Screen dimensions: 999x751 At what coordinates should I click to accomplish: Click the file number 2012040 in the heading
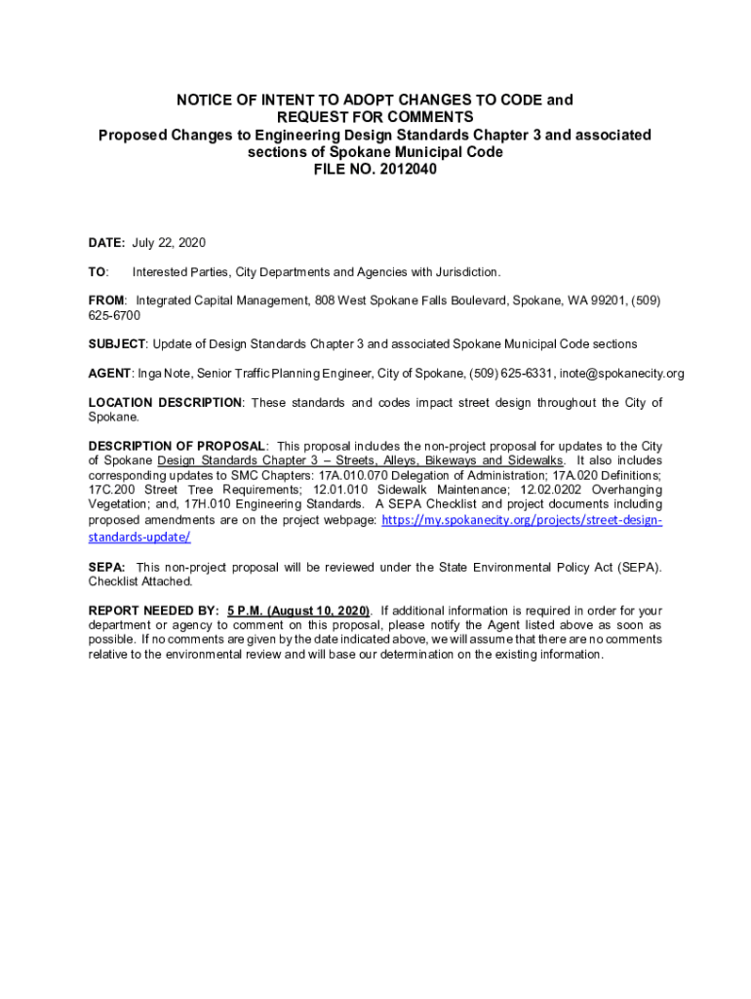point(403,169)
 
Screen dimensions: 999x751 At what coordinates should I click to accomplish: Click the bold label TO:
point(99,272)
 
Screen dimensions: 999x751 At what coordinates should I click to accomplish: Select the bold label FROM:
point(107,300)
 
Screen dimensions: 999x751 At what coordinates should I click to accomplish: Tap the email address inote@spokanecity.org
point(621,373)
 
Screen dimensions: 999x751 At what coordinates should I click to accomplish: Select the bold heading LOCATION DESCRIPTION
point(165,402)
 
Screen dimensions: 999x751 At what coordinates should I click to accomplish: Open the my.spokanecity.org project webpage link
point(521,520)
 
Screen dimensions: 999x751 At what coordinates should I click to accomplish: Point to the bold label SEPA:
point(106,567)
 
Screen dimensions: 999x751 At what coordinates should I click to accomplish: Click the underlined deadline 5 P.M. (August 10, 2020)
point(298,611)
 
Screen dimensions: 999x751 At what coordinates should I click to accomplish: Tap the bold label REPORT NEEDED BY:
point(154,611)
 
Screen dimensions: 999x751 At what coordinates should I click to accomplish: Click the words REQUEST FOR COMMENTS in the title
point(375,117)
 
